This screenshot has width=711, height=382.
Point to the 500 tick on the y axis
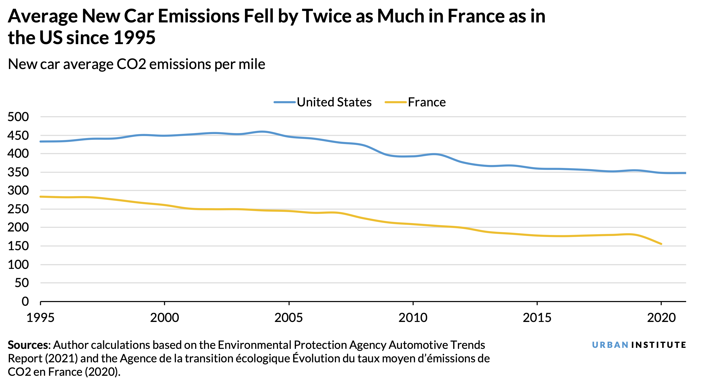[18, 117]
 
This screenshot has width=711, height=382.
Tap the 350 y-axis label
[18, 172]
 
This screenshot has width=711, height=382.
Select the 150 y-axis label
[18, 246]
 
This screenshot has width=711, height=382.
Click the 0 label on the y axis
[25, 302]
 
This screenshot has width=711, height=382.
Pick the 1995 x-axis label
[40, 318]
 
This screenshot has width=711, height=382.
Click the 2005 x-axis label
[289, 318]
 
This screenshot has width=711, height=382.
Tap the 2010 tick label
[413, 318]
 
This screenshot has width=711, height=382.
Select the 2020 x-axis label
[661, 318]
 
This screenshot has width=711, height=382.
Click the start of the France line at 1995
[41, 197]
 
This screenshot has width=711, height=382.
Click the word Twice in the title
[327, 16]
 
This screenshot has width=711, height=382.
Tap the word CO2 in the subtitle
[131, 64]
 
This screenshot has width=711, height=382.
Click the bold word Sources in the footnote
[28, 345]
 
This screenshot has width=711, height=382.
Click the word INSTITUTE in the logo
[658, 345]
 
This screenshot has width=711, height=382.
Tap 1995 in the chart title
[135, 38]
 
